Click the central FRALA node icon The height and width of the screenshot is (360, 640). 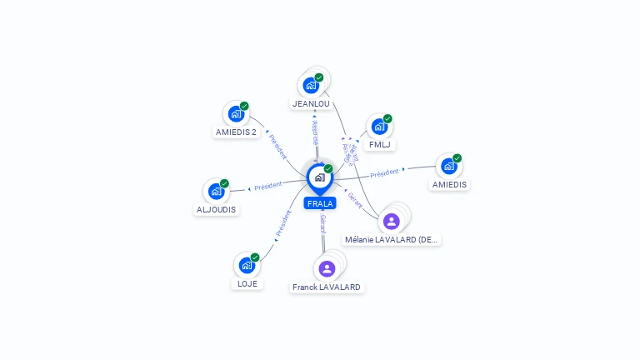[x=318, y=177]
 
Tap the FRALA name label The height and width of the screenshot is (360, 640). [x=320, y=203]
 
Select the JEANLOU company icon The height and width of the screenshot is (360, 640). [x=311, y=85]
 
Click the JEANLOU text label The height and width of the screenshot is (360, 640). [x=311, y=104]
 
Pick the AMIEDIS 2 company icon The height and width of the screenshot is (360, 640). [x=236, y=114]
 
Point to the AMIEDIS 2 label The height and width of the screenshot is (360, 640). [x=236, y=132]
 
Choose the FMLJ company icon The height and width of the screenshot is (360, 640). [x=379, y=127]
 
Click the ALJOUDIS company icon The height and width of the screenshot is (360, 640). [x=216, y=192]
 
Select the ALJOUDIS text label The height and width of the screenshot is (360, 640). [x=216, y=210]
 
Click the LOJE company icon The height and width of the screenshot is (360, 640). [x=247, y=265]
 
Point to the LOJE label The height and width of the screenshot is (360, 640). [x=247, y=283]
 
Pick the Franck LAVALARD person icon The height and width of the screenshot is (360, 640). [x=327, y=268]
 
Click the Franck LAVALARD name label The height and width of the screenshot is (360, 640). [x=327, y=287]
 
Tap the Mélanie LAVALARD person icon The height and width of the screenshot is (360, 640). [x=391, y=221]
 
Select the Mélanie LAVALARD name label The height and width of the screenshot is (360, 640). [x=392, y=239]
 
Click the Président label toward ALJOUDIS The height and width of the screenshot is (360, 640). [x=268, y=186]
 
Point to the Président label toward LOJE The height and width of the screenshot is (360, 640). [x=283, y=222]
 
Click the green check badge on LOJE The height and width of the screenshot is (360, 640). [x=255, y=257]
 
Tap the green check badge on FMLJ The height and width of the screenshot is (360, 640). [x=387, y=118]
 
